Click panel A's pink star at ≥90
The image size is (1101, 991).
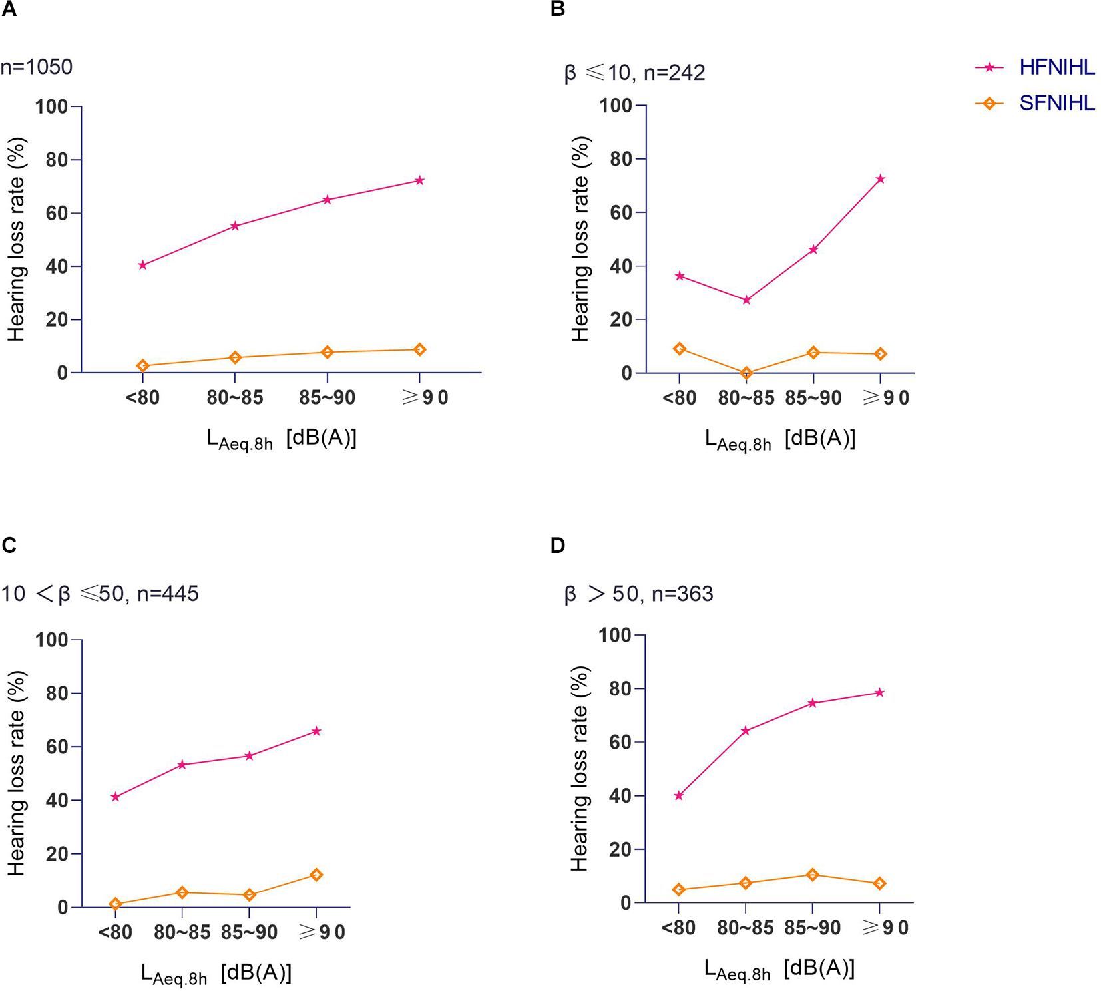(x=419, y=180)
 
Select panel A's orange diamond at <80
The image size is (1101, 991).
(x=142, y=365)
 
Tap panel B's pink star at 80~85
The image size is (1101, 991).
(x=746, y=300)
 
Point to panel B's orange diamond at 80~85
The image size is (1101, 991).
(x=746, y=373)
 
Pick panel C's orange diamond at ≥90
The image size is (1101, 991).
(x=316, y=875)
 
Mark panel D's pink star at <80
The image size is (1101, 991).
(x=678, y=796)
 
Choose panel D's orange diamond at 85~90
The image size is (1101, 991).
(x=812, y=875)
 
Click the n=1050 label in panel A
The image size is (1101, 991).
(x=37, y=67)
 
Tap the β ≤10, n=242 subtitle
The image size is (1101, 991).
(x=634, y=72)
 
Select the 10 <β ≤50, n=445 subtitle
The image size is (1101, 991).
(x=100, y=593)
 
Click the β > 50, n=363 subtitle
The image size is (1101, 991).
(x=638, y=593)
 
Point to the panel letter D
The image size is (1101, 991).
(x=558, y=546)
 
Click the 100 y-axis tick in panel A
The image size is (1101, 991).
(x=52, y=106)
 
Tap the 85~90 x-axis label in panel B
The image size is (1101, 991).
(x=813, y=398)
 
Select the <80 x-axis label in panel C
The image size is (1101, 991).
(x=115, y=932)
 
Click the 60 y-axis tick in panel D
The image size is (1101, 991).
(x=620, y=742)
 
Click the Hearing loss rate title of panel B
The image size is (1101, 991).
(x=580, y=240)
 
